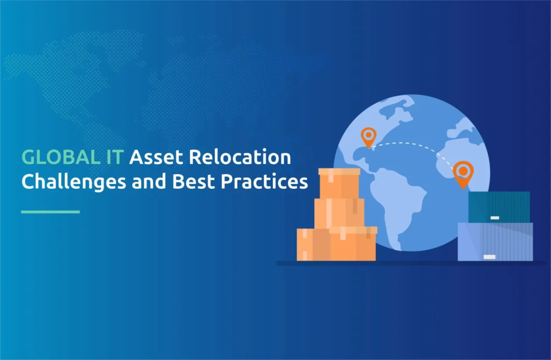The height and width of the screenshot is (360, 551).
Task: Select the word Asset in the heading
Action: tap(157, 157)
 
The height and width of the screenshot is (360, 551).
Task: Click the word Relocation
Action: tap(240, 157)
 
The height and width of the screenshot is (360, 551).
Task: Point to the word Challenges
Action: tap(74, 182)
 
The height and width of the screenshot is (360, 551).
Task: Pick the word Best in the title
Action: tap(193, 181)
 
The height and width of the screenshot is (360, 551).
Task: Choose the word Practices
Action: tap(264, 181)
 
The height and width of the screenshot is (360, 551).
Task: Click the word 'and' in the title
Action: tap(149, 181)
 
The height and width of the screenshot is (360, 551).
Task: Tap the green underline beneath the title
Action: tap(51, 211)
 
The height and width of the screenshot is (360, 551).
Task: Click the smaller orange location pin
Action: tap(368, 136)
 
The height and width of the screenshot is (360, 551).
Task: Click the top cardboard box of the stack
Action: tap(339, 183)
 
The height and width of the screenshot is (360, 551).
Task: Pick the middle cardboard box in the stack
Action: tap(339, 213)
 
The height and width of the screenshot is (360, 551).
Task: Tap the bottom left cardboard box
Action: tap(314, 245)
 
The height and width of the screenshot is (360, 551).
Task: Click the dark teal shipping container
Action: tap(499, 207)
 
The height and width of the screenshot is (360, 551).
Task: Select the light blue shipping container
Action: tap(495, 242)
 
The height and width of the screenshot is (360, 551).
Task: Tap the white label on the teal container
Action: tap(495, 218)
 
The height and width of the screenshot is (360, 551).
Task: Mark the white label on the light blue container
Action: tap(490, 257)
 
